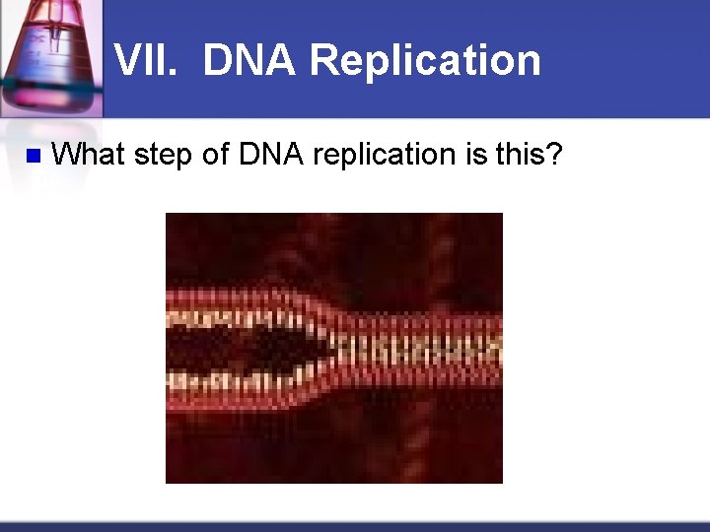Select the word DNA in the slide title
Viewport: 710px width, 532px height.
248,60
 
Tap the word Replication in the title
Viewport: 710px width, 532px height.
424,60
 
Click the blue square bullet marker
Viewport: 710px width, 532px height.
32,155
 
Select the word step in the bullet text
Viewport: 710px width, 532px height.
170,155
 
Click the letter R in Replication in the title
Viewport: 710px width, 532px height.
321,60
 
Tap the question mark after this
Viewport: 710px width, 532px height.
554,154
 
